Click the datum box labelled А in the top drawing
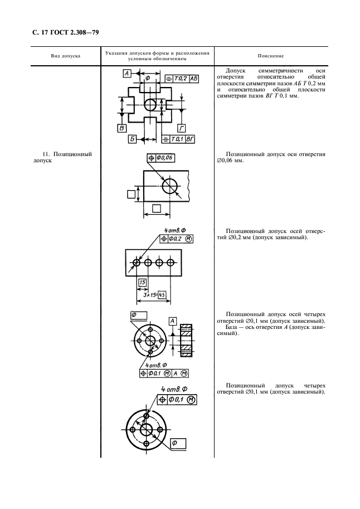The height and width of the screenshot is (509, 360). point(128,74)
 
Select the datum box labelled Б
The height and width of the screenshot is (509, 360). point(133,138)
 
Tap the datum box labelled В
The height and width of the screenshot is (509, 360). point(121,129)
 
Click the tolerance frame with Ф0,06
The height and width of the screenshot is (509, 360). point(162,158)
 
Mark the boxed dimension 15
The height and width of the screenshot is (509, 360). point(142,283)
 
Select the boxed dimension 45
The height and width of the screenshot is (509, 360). point(163,295)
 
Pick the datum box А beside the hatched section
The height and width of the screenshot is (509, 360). point(173,321)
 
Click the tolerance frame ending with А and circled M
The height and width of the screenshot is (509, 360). point(163,373)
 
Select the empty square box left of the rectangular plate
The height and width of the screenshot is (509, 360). point(131,194)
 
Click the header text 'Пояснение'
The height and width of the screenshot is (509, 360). point(271,56)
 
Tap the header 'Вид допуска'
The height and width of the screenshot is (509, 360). point(65,56)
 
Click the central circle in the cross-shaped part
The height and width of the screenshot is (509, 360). point(151,104)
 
